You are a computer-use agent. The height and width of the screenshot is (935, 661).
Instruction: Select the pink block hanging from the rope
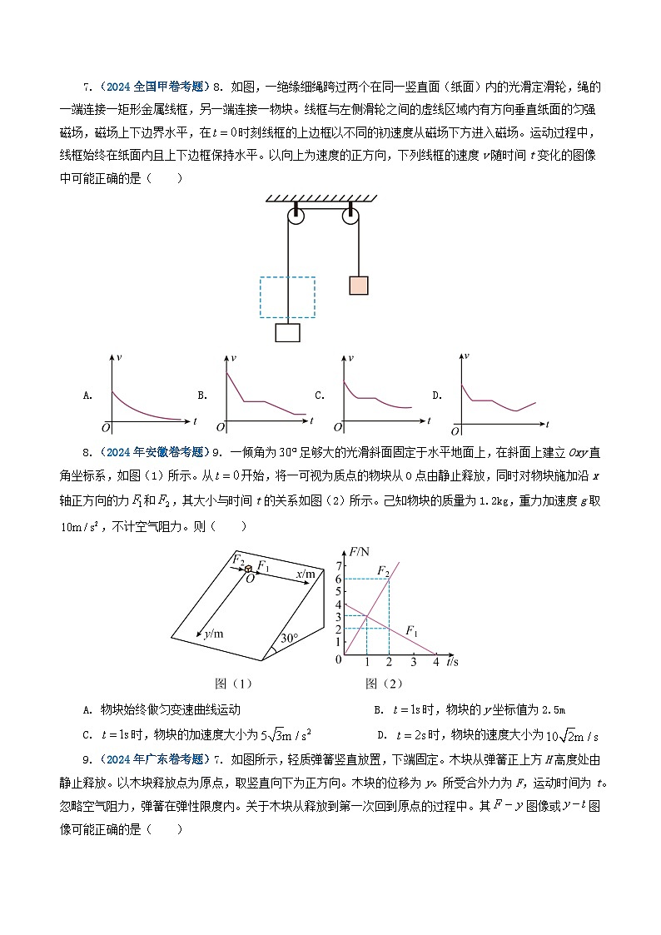pyautogui.click(x=359, y=286)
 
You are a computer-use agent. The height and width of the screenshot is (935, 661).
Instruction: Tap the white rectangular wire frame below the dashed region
pyautogui.click(x=287, y=332)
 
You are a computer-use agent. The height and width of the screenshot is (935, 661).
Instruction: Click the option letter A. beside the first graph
pyautogui.click(x=88, y=395)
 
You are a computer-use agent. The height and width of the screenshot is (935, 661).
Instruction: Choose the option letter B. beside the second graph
pyautogui.click(x=202, y=395)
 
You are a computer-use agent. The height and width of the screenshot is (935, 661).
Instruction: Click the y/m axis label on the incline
pyautogui.click(x=214, y=634)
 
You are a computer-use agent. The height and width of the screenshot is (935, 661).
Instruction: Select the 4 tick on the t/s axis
pyautogui.click(x=436, y=662)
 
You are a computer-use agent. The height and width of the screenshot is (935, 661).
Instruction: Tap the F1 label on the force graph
pyautogui.click(x=412, y=630)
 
